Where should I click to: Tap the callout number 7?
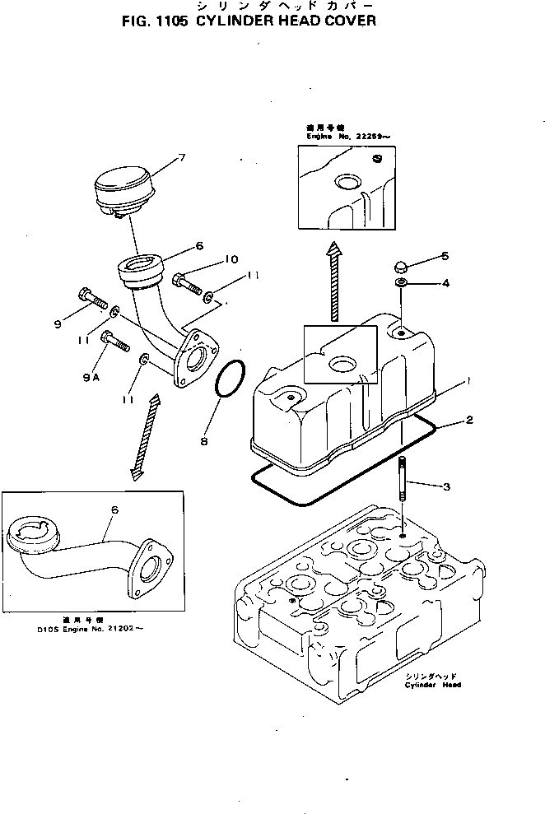181,157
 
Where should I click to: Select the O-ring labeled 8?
231,383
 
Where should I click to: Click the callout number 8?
204,440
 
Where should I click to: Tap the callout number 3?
446,487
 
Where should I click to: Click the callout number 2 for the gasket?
468,421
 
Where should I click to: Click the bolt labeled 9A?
115,339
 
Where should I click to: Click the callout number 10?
230,259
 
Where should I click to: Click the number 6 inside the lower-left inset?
114,510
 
